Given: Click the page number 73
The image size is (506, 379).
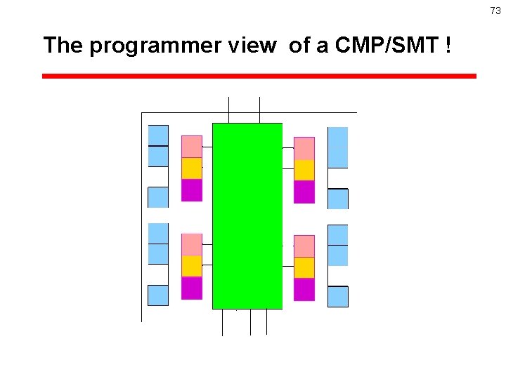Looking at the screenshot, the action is click(495, 11).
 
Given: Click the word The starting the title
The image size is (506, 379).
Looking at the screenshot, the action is click(63, 46).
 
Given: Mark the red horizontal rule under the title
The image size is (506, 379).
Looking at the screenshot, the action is click(259, 76).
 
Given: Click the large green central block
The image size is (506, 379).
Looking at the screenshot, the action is click(247, 215).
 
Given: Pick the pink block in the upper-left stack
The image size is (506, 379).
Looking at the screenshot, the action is click(192, 146).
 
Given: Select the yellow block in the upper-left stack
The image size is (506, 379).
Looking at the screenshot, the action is click(192, 168).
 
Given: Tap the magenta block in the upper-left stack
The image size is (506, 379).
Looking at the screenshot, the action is click(192, 190).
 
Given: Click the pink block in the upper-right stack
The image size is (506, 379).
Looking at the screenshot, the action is click(304, 148).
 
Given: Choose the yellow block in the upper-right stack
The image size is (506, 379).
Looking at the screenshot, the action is click(304, 170).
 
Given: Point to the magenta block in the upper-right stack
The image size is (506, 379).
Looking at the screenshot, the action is click(304, 192).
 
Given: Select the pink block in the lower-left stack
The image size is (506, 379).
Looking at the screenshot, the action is click(192, 244).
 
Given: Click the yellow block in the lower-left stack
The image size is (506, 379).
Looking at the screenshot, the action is click(192, 266).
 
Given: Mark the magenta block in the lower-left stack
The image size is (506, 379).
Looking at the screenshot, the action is click(192, 288).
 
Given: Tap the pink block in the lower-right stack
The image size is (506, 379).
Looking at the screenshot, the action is click(304, 246).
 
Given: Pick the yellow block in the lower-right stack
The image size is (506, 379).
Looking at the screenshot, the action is click(304, 267).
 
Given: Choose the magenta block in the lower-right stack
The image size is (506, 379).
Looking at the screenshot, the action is click(304, 289).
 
